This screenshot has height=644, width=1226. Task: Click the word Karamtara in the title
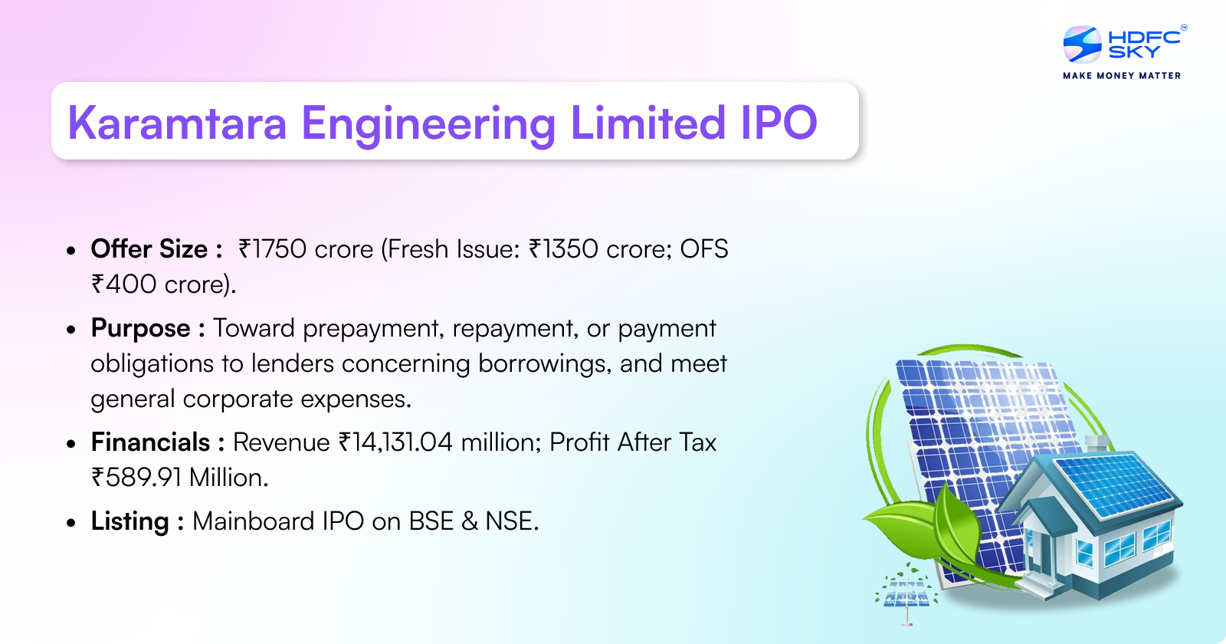177,123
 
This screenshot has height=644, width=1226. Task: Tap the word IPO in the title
779,123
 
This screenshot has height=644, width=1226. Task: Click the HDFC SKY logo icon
1082,44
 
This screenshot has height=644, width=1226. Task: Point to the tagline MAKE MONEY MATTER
1122,76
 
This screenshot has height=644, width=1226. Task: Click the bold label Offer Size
149,249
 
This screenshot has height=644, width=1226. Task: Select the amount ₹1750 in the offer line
272,249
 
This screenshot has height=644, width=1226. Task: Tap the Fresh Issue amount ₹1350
563,249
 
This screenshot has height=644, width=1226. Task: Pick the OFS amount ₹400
124,284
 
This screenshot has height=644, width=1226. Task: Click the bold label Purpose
140,328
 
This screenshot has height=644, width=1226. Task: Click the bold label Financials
150,442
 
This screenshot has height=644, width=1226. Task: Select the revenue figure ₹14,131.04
396,442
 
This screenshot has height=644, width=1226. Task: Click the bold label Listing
129,521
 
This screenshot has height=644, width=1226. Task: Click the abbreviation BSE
431,521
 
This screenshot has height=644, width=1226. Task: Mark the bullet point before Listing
71,523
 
